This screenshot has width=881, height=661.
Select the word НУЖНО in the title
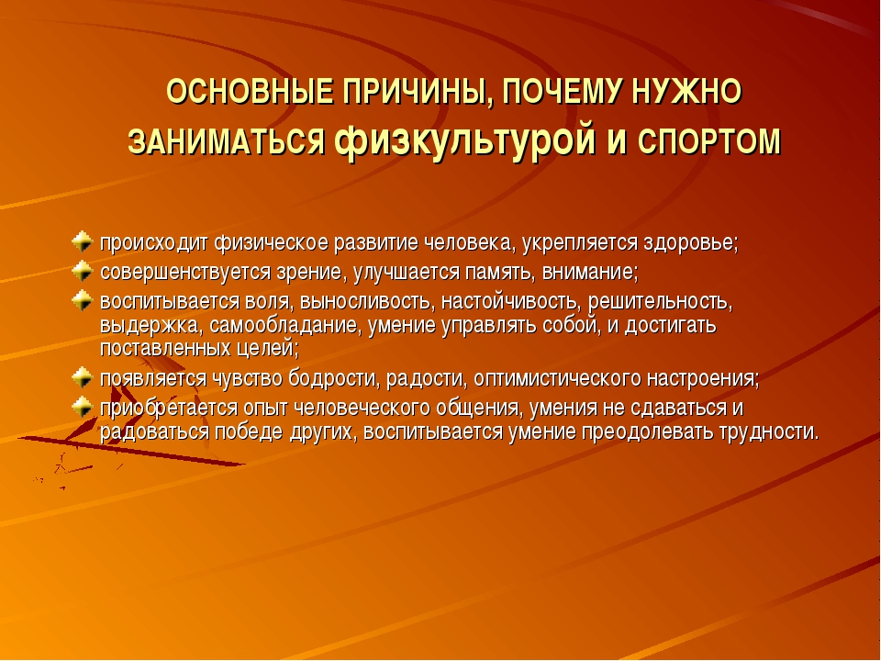pyautogui.click(x=686, y=92)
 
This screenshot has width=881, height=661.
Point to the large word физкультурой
pyautogui.click(x=464, y=141)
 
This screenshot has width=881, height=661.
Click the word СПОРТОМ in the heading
pyautogui.click(x=709, y=141)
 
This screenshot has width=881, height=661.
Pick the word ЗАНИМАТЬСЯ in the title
pyautogui.click(x=227, y=141)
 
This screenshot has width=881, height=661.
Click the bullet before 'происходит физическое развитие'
pyautogui.click(x=82, y=241)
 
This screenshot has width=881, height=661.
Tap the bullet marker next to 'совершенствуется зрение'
pyautogui.click(x=82, y=271)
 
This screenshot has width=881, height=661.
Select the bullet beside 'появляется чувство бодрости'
pyautogui.click(x=82, y=377)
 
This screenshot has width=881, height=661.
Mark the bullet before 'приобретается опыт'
pyautogui.click(x=82, y=407)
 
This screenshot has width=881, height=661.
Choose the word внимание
pyautogui.click(x=590, y=273)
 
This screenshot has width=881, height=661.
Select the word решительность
pyautogui.click(x=660, y=303)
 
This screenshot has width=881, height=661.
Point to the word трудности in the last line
pyautogui.click(x=770, y=432)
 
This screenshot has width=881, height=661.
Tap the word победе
pyautogui.click(x=250, y=432)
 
